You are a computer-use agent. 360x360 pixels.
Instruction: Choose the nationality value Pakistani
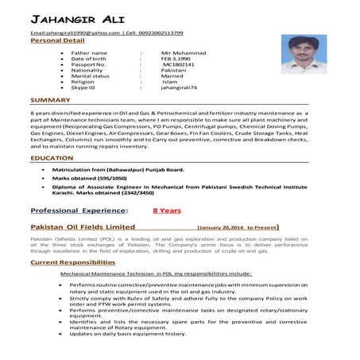tap(174, 74)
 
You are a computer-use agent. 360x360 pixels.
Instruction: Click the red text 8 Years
tap(167, 211)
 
